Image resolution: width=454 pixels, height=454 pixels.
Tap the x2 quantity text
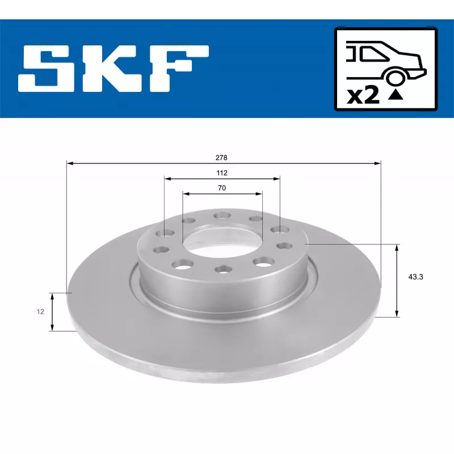(x=363, y=95)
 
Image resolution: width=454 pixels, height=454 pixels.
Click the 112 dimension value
(x=222, y=173)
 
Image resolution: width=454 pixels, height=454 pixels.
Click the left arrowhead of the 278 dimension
(x=70, y=163)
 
